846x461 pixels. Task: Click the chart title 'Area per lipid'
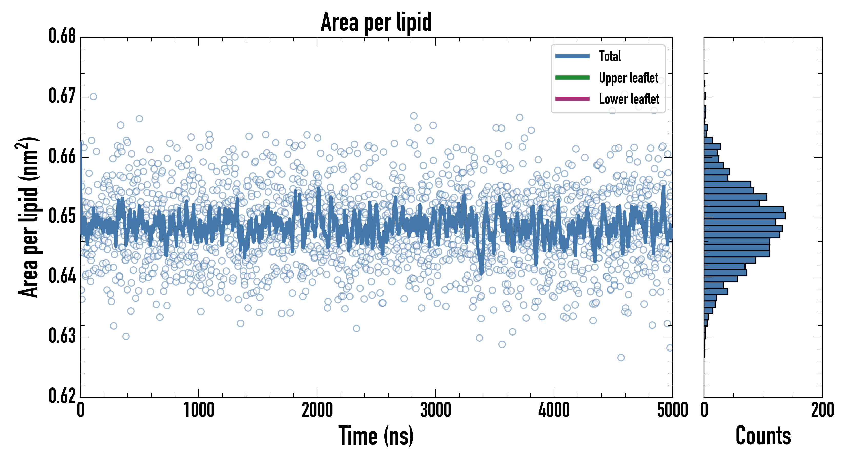click(376, 22)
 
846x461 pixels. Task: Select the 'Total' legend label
click(610, 56)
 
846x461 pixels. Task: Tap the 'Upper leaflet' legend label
click(628, 78)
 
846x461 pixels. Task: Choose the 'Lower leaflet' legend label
click(629, 99)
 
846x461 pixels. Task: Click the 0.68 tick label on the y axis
click(62, 36)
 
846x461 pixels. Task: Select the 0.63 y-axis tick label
click(62, 336)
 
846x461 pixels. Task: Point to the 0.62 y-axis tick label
click(62, 396)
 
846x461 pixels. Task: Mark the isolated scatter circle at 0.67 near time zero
click(93, 97)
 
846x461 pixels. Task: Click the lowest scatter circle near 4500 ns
click(621, 358)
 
